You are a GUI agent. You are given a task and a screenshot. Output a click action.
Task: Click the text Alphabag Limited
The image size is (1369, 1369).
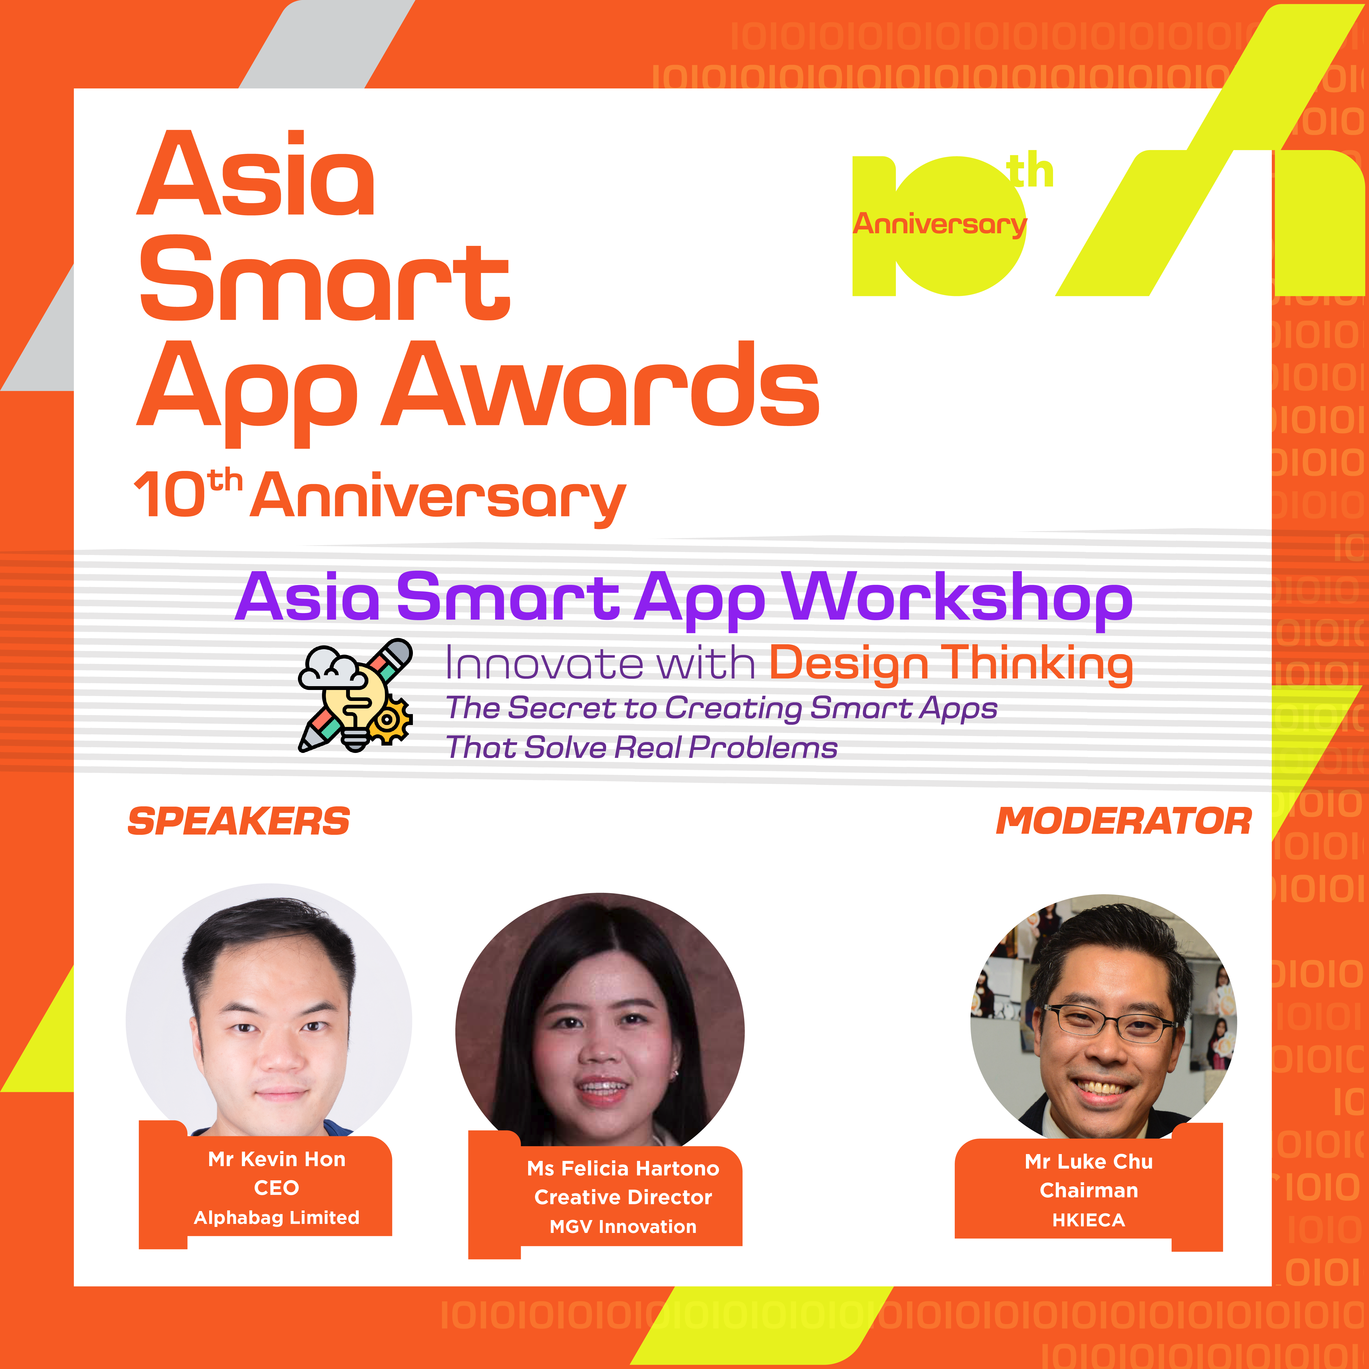click(276, 1217)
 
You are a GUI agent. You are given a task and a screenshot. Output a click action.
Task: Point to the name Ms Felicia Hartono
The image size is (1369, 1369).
click(623, 1169)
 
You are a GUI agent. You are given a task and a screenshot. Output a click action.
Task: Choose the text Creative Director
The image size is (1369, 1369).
click(623, 1198)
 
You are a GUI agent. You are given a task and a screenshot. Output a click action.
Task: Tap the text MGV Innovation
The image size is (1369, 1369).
click(623, 1227)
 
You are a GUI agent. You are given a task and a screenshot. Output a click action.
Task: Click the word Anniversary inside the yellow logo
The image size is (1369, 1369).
click(940, 224)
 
